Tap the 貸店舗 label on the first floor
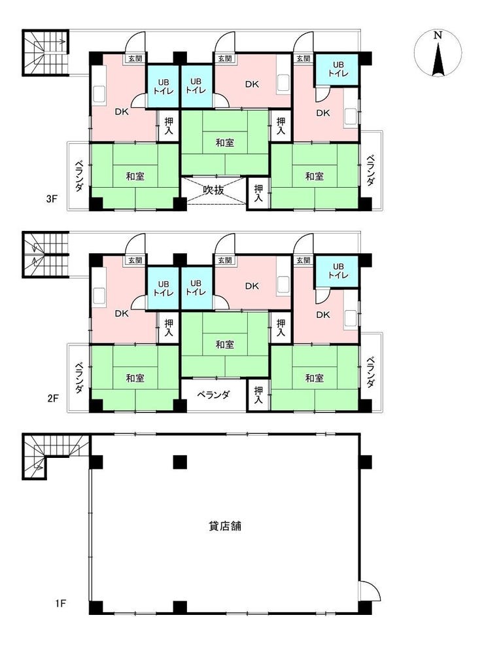(x=225, y=525)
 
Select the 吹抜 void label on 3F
(x=214, y=191)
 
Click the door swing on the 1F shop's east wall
(x=370, y=591)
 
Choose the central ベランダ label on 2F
(x=213, y=394)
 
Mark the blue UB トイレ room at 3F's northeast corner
(x=337, y=69)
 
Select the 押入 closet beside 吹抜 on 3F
(x=258, y=193)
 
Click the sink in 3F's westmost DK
(x=99, y=94)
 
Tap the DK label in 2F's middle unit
(x=252, y=286)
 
